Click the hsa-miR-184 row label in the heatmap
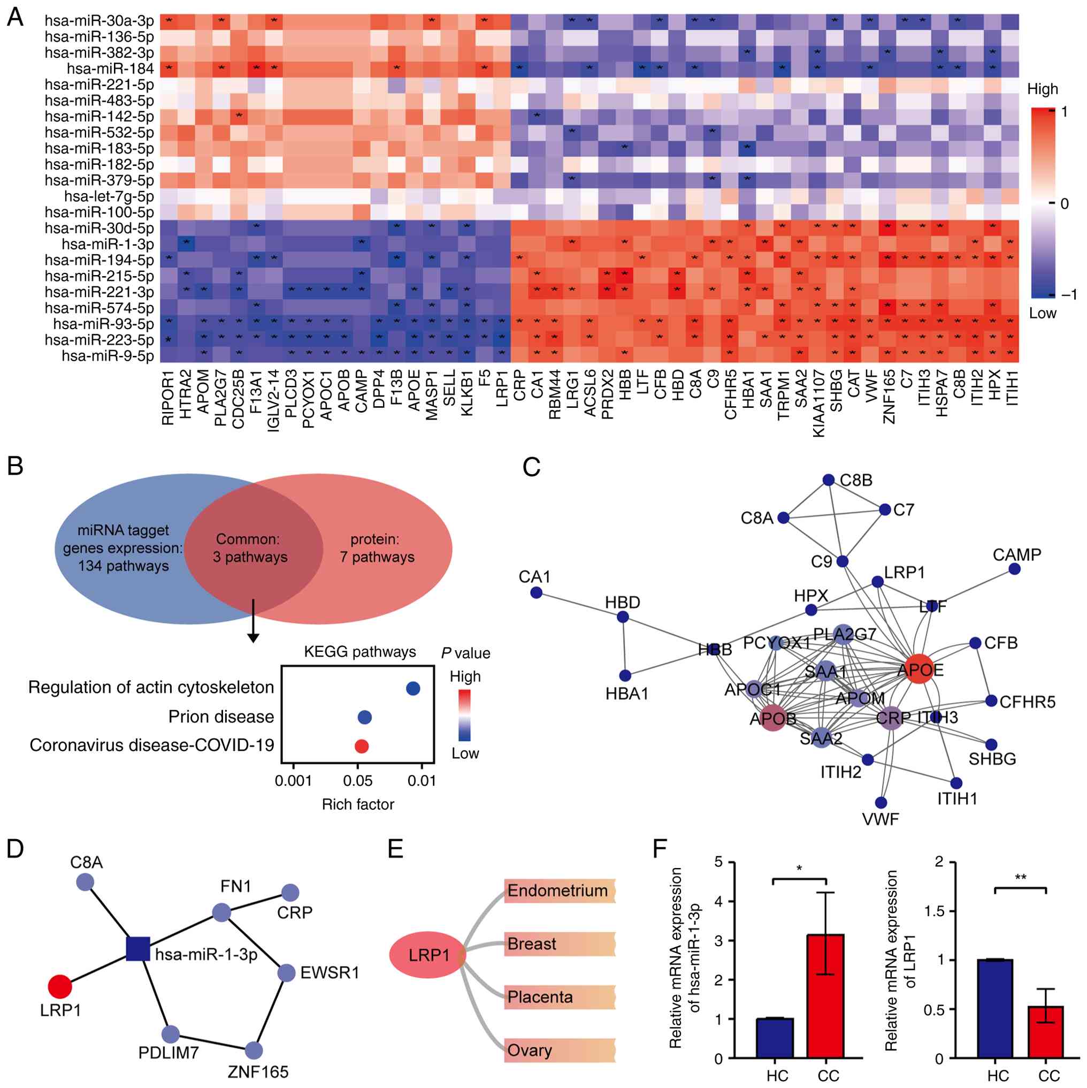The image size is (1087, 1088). point(110,69)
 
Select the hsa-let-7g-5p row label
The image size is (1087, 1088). point(109,196)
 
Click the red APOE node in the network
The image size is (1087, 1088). point(918,669)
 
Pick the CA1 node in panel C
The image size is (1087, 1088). point(537,592)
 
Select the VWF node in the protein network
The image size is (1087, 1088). point(881,802)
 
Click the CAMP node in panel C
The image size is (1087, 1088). point(1014,569)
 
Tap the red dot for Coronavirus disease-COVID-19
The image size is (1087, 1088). point(362,746)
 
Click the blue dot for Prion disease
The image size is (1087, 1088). point(364,718)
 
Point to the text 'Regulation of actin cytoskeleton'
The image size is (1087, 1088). point(151,688)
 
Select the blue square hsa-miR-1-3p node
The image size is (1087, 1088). point(138,949)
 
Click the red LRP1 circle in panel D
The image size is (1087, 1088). point(60,986)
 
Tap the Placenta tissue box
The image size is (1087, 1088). point(559,997)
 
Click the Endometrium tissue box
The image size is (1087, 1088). point(559,891)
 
